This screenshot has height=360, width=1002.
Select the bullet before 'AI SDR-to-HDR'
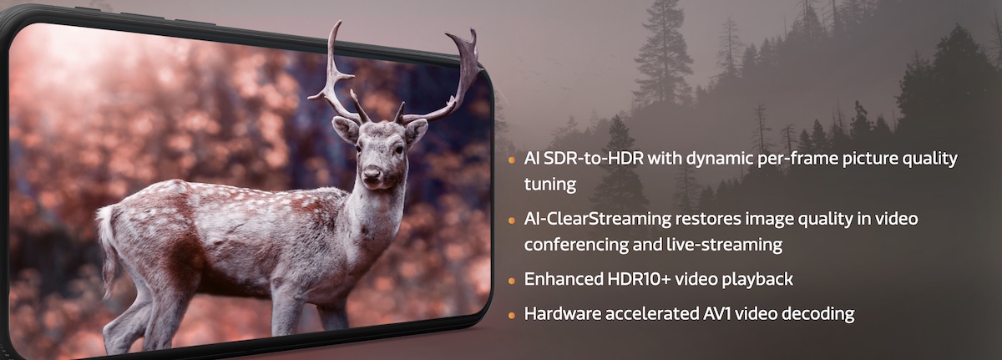[x=512, y=160]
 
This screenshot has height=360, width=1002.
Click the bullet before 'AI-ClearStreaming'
[x=512, y=220]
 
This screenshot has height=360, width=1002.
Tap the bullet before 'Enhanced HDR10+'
[x=512, y=281]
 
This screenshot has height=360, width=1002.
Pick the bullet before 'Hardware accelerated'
[x=512, y=315]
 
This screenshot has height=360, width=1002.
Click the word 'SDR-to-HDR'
[x=594, y=159]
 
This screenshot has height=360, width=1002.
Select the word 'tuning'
[x=550, y=185]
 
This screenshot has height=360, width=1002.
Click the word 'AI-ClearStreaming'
[x=598, y=219]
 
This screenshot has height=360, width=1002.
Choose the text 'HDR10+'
[x=639, y=279]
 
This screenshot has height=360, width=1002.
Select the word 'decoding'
[x=818, y=314]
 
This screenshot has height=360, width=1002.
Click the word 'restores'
[x=707, y=219]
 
